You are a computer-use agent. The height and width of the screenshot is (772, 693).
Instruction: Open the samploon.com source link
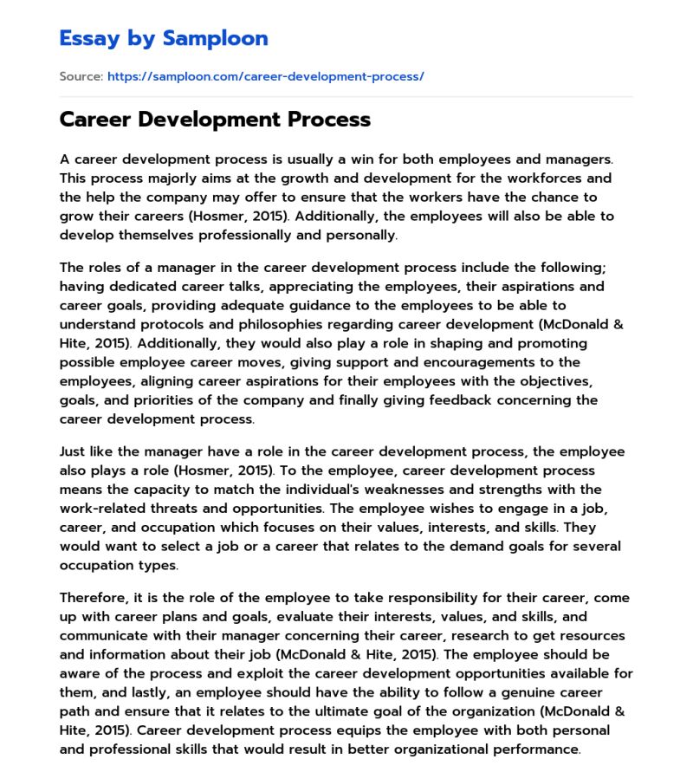[x=265, y=76]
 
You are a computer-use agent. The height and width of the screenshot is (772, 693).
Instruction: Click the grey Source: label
[x=81, y=76]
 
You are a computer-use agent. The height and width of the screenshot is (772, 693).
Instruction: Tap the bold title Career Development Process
[x=215, y=120]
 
